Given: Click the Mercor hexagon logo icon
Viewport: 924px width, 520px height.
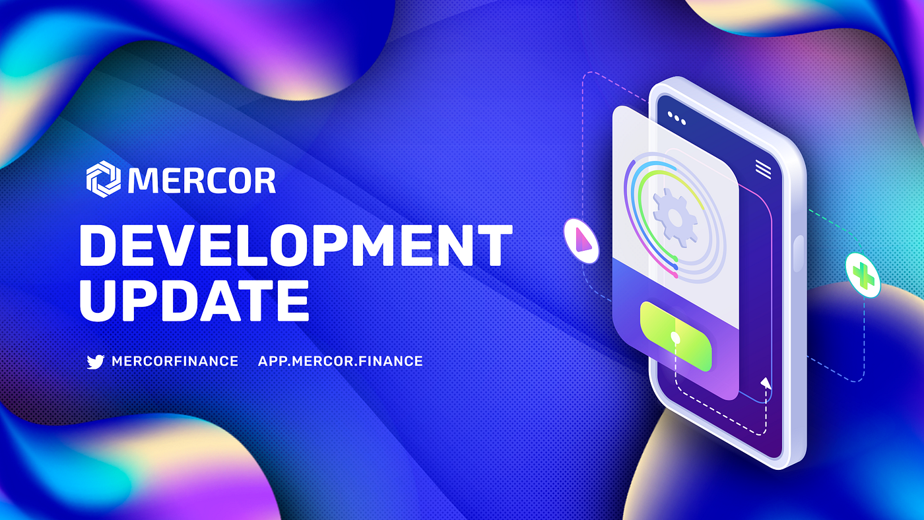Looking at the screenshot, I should (104, 179).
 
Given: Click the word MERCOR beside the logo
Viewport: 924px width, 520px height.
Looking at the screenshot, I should (202, 179).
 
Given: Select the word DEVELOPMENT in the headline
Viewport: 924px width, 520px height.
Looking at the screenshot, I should (296, 245).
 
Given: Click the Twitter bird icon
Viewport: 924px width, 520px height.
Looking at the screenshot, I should (96, 361).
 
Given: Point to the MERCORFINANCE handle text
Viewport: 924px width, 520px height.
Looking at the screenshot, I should (175, 361).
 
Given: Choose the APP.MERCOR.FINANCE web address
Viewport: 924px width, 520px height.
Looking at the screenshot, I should (340, 361).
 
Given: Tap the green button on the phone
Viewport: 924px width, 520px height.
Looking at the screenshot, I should (676, 337).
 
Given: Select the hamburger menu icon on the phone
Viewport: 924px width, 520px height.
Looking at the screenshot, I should (763, 170).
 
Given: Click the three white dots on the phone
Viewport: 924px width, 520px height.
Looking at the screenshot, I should (676, 119).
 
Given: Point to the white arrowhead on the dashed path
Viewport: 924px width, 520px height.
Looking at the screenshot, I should (766, 383).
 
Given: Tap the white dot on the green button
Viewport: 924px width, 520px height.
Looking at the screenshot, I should (675, 337).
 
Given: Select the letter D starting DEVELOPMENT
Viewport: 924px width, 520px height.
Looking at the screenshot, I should (98, 245).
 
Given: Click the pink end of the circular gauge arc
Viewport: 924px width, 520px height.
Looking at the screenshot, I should (676, 271).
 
